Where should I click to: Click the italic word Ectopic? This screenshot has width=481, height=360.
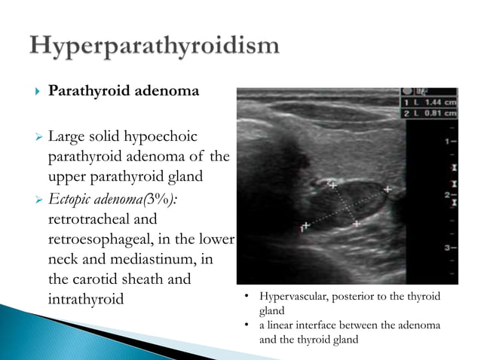pyautogui.click(x=72, y=200)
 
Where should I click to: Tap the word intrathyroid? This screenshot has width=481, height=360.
pyautogui.click(x=85, y=300)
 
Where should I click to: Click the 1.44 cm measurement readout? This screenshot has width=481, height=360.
pyautogui.click(x=439, y=101)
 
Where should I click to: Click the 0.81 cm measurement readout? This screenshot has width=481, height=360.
pyautogui.click(x=439, y=113)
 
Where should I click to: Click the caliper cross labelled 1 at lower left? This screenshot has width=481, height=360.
pyautogui.click(x=305, y=225)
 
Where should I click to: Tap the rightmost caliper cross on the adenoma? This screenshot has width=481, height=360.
pyautogui.click(x=387, y=190)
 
